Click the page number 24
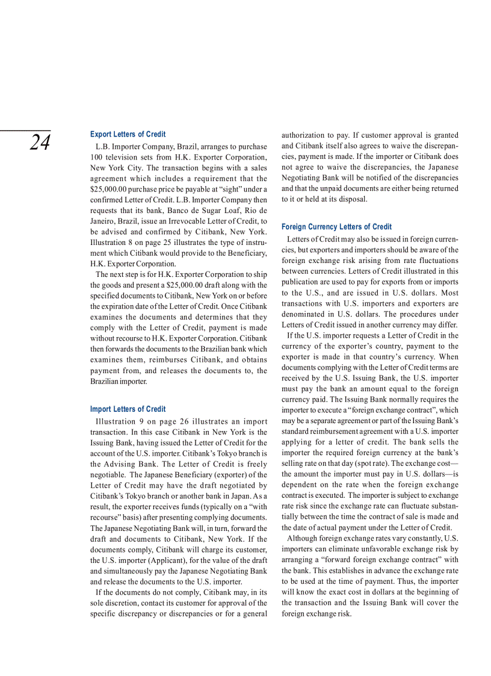tap(40, 143)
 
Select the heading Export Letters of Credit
tap(128, 134)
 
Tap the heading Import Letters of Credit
tap(128, 409)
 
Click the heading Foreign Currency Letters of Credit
tap(336, 227)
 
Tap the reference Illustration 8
tap(111, 243)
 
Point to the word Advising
tap(126, 464)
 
